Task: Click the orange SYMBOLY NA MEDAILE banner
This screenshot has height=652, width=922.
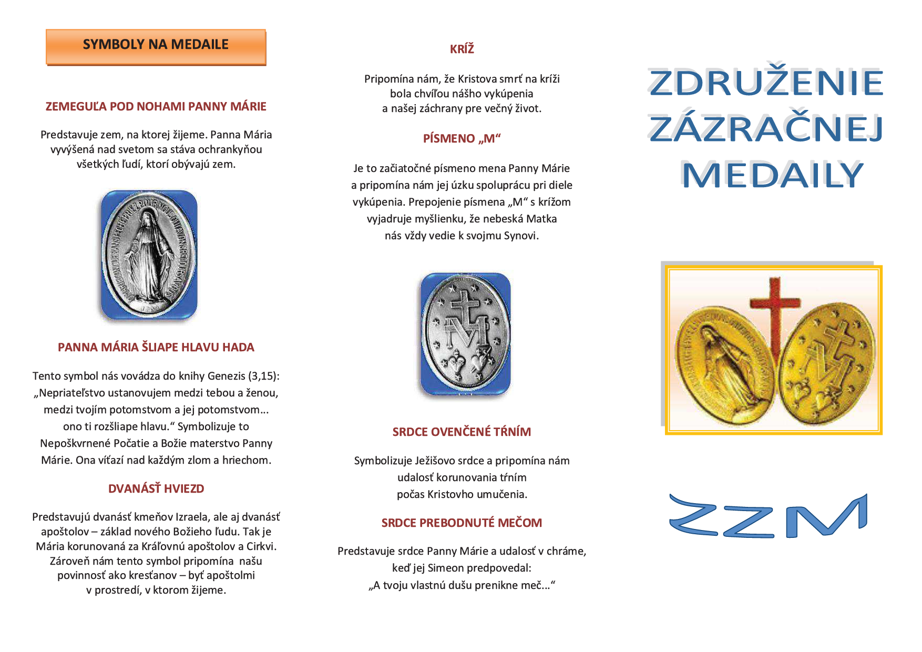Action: (156, 46)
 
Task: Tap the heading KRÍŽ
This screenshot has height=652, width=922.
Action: (462, 49)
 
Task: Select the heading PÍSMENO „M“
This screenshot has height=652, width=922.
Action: (462, 138)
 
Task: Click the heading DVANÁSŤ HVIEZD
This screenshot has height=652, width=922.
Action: (156, 488)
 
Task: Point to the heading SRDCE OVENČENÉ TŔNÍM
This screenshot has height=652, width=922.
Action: (462, 432)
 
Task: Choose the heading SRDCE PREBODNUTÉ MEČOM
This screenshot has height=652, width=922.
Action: (462, 523)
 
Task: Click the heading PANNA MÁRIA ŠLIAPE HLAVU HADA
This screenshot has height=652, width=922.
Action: (156, 347)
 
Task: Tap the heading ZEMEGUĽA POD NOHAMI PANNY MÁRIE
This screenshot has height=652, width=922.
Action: (156, 106)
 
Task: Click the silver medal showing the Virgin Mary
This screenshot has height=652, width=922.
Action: (149, 254)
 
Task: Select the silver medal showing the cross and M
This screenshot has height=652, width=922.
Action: (465, 334)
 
